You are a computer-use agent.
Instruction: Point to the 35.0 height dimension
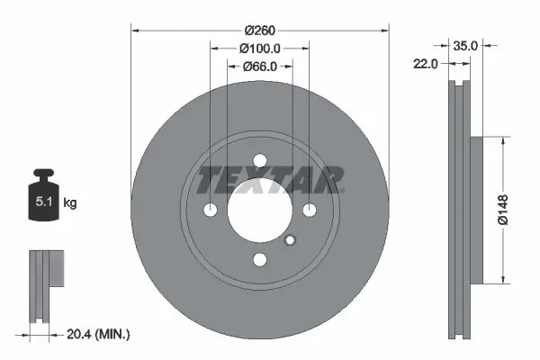click(465, 43)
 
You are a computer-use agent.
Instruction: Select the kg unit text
click(70, 203)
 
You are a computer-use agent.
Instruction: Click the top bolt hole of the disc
click(260, 161)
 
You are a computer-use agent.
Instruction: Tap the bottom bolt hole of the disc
click(260, 259)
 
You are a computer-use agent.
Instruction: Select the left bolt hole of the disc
click(211, 211)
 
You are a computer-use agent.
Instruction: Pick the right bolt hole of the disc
click(310, 211)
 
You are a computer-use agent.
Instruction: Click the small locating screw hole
click(290, 239)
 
